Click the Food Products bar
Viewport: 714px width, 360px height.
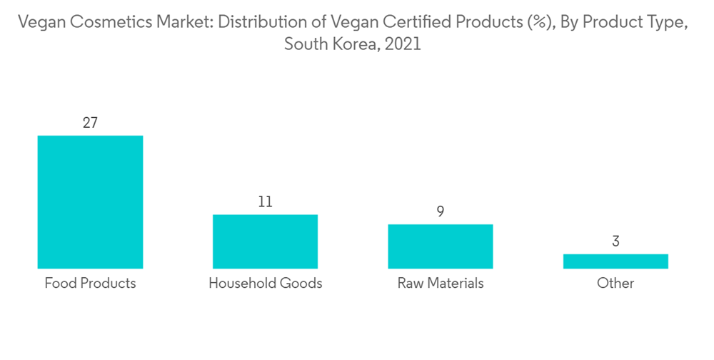[x=90, y=202]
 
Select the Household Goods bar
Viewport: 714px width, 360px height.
[x=265, y=241]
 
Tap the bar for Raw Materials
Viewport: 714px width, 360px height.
[x=441, y=246]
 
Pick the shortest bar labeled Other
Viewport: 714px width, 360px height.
[x=615, y=261]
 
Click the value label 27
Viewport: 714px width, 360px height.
[x=90, y=123]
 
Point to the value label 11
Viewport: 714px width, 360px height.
[x=265, y=202]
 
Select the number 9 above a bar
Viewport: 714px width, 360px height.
[x=441, y=211]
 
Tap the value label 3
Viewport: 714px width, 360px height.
[x=615, y=241]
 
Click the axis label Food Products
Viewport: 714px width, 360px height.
[x=90, y=283]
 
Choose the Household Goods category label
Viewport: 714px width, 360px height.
[x=265, y=283]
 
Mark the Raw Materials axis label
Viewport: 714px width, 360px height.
[x=441, y=283]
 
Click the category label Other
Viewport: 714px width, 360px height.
[x=615, y=283]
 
